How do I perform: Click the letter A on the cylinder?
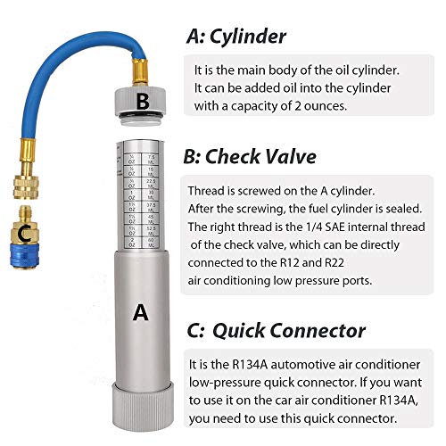tap(139, 312)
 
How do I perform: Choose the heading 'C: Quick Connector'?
tap(275, 330)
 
